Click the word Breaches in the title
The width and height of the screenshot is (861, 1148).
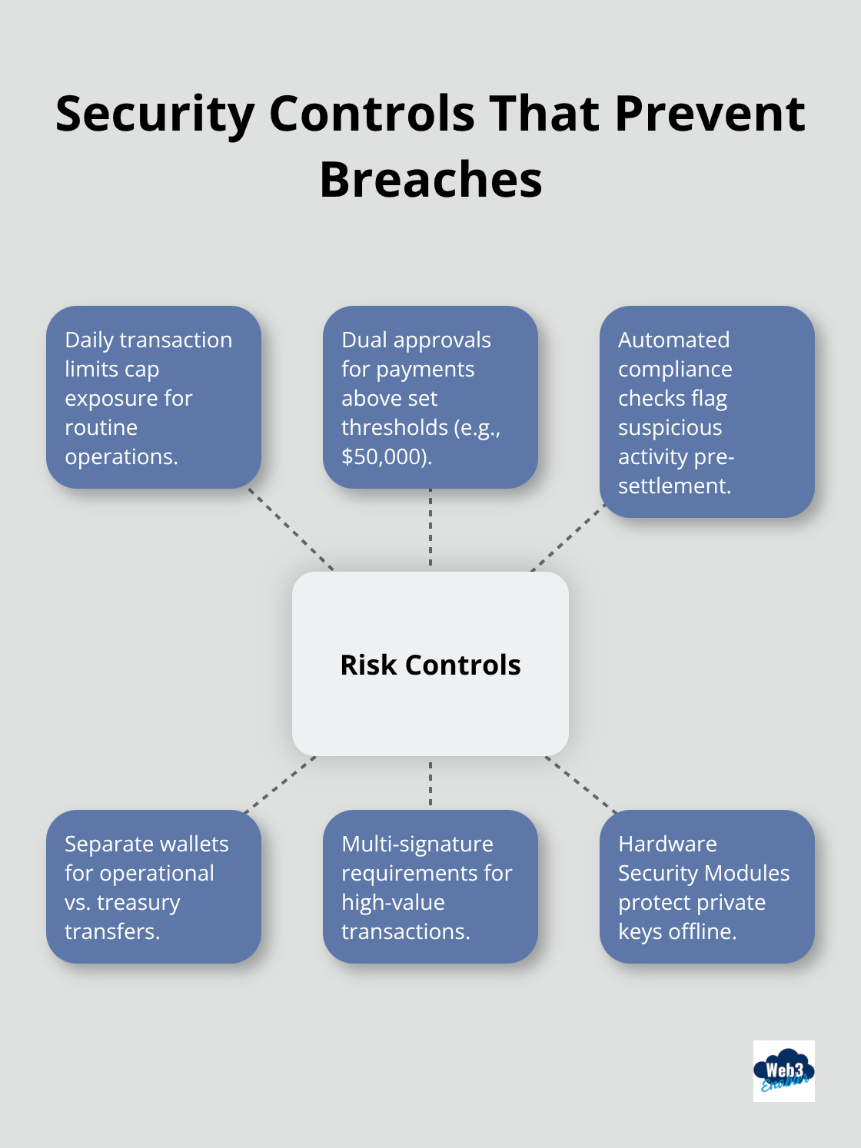430,179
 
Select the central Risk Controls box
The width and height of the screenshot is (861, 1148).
430,664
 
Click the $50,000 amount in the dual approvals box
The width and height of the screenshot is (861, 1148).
385,456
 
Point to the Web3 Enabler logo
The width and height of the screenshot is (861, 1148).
783,1070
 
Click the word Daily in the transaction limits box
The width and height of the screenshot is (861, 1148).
89,340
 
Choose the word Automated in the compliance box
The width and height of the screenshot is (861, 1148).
673,340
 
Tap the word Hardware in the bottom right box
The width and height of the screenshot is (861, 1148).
667,844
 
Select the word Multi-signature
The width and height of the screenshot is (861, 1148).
417,844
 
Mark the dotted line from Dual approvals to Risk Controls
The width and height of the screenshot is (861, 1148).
430,529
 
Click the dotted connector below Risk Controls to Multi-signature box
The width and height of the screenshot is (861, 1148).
430,783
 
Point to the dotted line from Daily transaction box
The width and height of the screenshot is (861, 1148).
291,529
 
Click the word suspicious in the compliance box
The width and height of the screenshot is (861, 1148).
670,427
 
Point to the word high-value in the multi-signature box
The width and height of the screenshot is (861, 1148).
393,902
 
